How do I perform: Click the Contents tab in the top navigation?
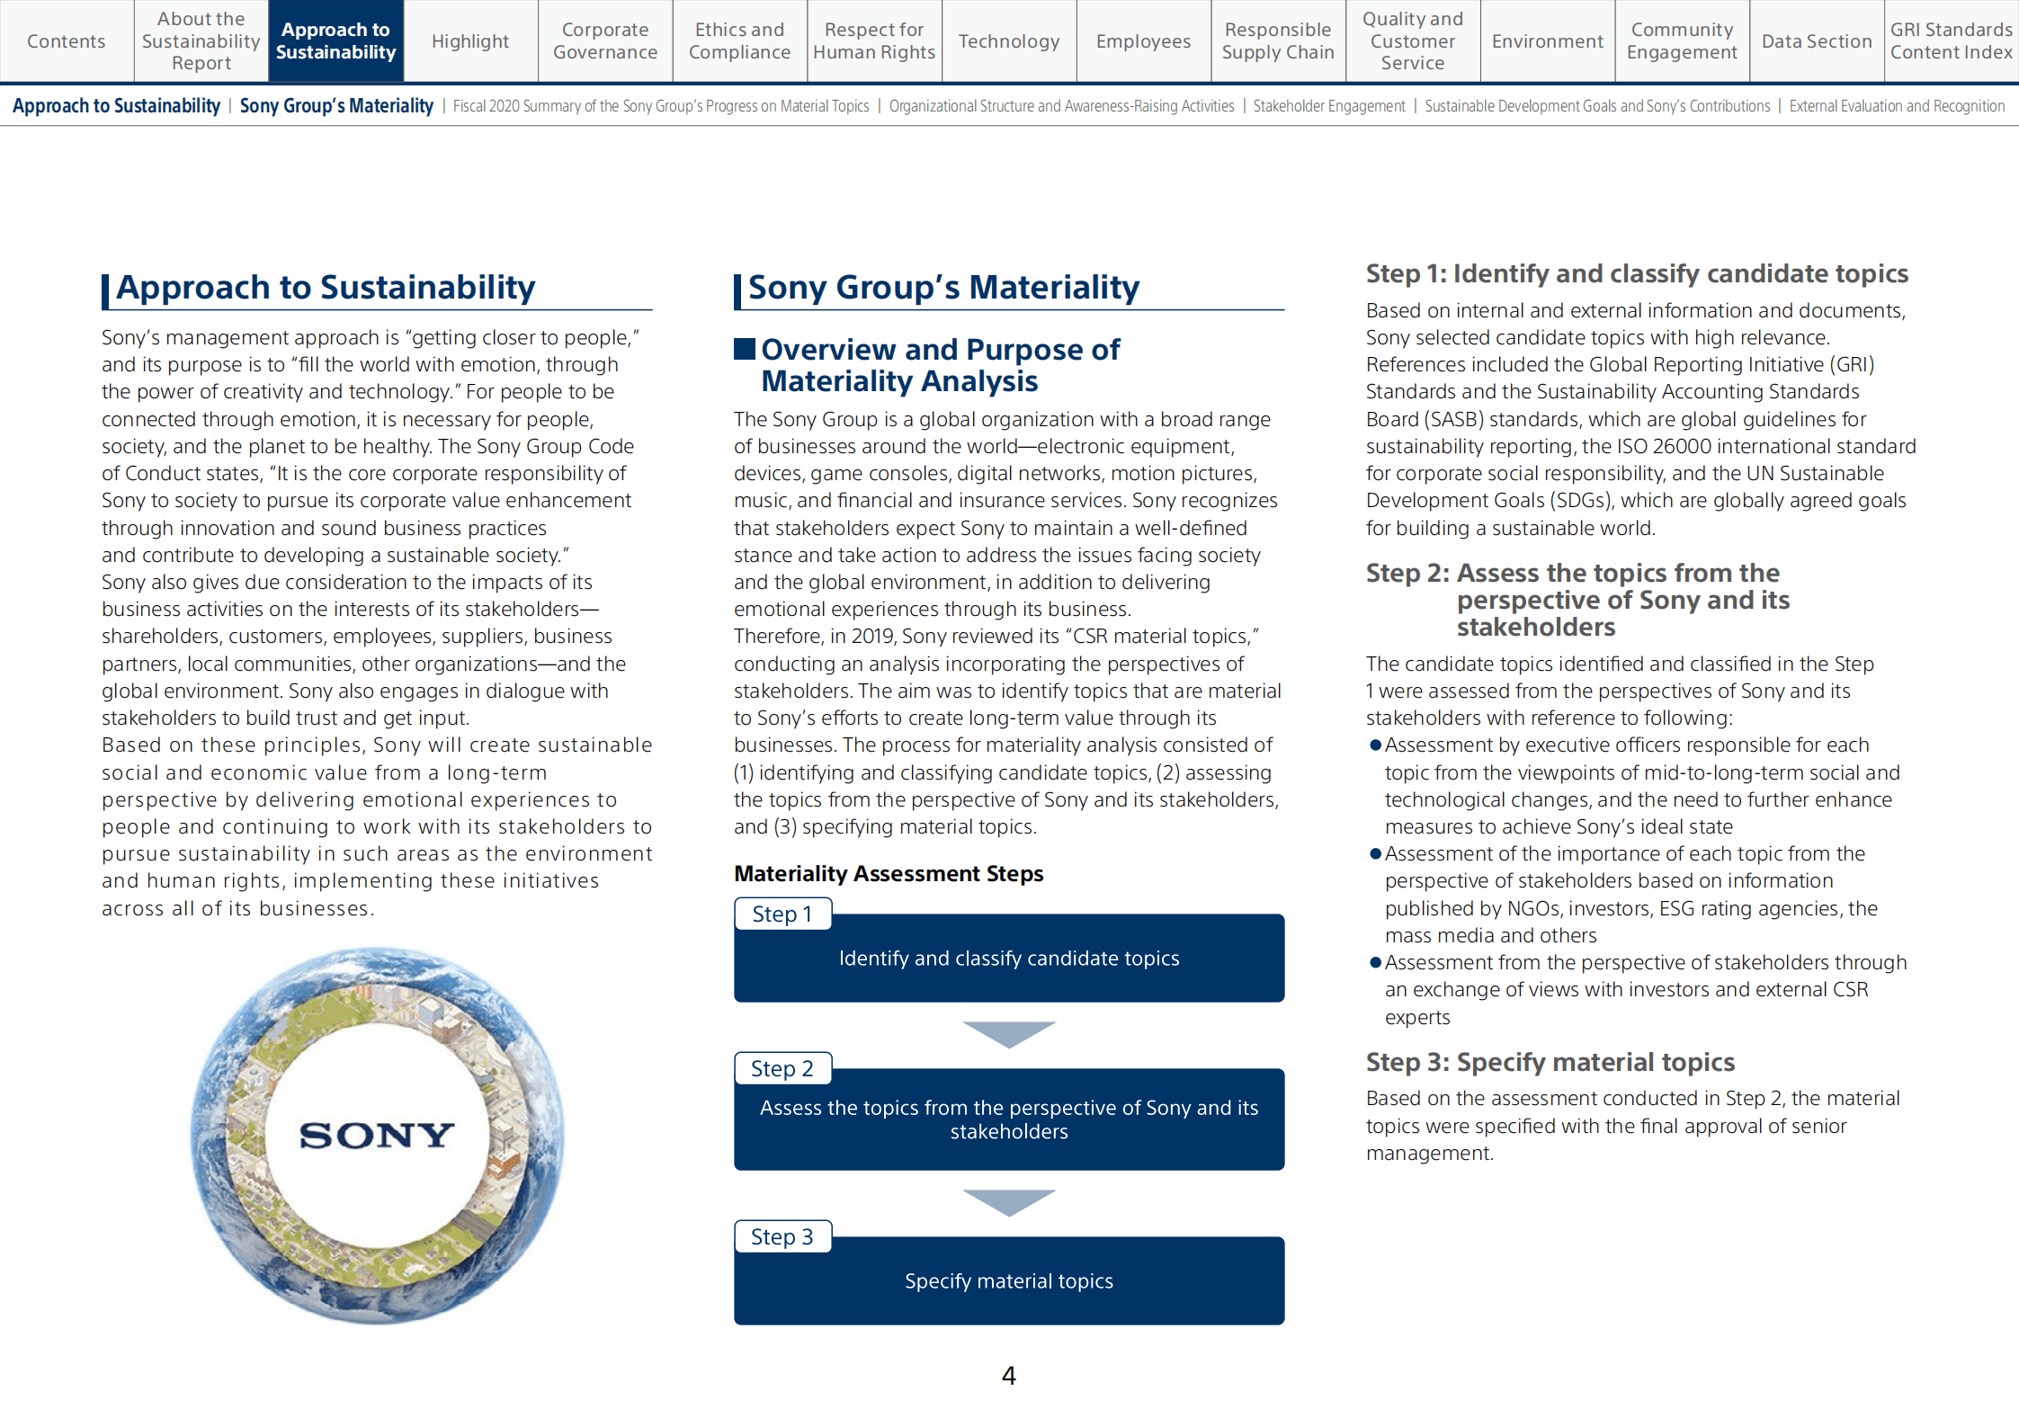point(67,41)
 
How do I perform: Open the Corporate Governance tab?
point(605,41)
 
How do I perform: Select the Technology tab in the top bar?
point(1009,41)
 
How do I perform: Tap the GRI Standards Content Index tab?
point(1951,41)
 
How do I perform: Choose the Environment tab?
point(1547,41)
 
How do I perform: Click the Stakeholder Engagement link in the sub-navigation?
point(1328,106)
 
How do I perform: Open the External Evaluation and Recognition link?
point(1897,106)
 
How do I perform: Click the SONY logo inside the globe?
point(377,1135)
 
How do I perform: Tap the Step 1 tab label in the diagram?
point(782,914)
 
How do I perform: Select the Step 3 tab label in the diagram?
point(782,1237)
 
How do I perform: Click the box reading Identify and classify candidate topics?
point(1009,959)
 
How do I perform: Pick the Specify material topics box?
point(1009,1281)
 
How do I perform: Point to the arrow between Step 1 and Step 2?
point(1009,1033)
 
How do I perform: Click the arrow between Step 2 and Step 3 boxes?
point(1009,1201)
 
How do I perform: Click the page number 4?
point(1009,1376)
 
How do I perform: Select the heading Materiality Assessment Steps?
point(889,874)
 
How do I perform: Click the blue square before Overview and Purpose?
point(744,349)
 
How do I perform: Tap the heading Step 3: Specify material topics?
point(1550,1063)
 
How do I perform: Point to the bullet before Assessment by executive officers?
point(1375,745)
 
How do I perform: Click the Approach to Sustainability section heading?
point(326,288)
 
